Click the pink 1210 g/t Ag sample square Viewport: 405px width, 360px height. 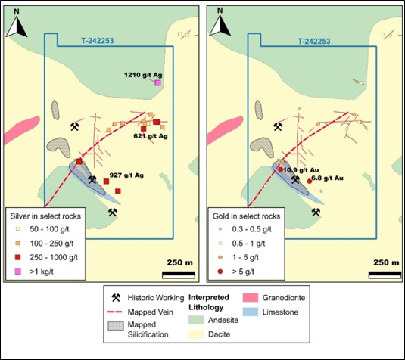pos(157,83)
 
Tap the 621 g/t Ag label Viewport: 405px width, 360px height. pos(151,136)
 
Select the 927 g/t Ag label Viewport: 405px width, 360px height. pos(126,175)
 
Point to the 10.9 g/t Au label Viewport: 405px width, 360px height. pos(301,170)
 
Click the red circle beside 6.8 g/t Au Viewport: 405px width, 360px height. pos(310,182)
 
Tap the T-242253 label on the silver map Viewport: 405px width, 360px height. pos(98,41)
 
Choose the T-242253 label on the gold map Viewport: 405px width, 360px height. pos(314,42)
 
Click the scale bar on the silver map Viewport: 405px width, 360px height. pos(179,275)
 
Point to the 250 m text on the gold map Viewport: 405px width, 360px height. pos(386,262)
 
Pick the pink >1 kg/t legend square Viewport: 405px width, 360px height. pos(17,272)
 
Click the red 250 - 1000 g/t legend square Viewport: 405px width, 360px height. pos(17,257)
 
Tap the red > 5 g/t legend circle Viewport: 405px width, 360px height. pos(220,272)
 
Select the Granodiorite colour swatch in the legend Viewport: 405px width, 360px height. pos(251,297)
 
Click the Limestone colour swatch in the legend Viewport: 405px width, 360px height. pos(251,312)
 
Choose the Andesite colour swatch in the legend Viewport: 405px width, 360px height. pos(197,320)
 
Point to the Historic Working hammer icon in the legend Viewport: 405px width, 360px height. pos(116,297)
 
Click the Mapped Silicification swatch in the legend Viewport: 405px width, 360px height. pos(116,326)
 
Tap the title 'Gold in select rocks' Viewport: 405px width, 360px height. pos(246,216)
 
